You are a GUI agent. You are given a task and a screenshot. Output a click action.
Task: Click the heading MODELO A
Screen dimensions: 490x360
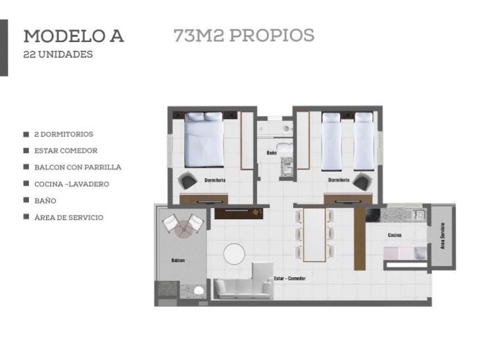coord(74,36)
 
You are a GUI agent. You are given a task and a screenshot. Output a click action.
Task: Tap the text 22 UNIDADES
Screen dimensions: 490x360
coord(58,55)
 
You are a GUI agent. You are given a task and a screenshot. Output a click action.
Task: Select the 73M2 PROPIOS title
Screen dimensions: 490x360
coord(244,35)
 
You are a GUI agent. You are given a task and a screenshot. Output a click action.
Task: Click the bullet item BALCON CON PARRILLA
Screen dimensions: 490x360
coord(78,167)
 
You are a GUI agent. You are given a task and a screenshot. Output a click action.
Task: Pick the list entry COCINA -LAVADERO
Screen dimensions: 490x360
coord(72,184)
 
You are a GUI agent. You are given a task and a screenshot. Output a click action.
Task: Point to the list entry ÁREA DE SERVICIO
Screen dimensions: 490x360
coord(69,217)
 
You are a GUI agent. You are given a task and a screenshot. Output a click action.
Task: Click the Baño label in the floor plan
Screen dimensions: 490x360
coord(272,153)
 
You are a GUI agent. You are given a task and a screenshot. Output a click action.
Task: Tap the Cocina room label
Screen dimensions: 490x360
coord(395,235)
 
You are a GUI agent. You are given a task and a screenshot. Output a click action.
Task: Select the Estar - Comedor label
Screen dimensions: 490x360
coord(289,278)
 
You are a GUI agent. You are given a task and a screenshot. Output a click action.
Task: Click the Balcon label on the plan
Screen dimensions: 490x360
coord(178,260)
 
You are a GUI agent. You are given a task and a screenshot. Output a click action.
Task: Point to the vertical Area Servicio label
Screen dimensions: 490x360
coord(442,236)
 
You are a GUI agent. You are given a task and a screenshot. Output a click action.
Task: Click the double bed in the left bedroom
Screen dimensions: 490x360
coord(204,140)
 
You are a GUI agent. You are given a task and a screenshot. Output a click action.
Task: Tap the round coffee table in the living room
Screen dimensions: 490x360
coord(234,254)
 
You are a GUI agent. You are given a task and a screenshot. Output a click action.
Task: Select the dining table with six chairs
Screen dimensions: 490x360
coord(314,234)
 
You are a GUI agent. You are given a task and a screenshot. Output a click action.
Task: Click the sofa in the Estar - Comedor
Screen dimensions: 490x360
coord(243,282)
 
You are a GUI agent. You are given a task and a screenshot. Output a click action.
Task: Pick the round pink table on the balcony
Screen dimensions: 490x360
coord(184,229)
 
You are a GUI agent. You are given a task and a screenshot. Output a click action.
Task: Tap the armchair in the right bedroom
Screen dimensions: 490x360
coord(363,181)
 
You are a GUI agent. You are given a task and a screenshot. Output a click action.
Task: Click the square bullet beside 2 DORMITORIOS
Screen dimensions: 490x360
coord(26,134)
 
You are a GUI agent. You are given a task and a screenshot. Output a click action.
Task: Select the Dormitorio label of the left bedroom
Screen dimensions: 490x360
coord(215,180)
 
